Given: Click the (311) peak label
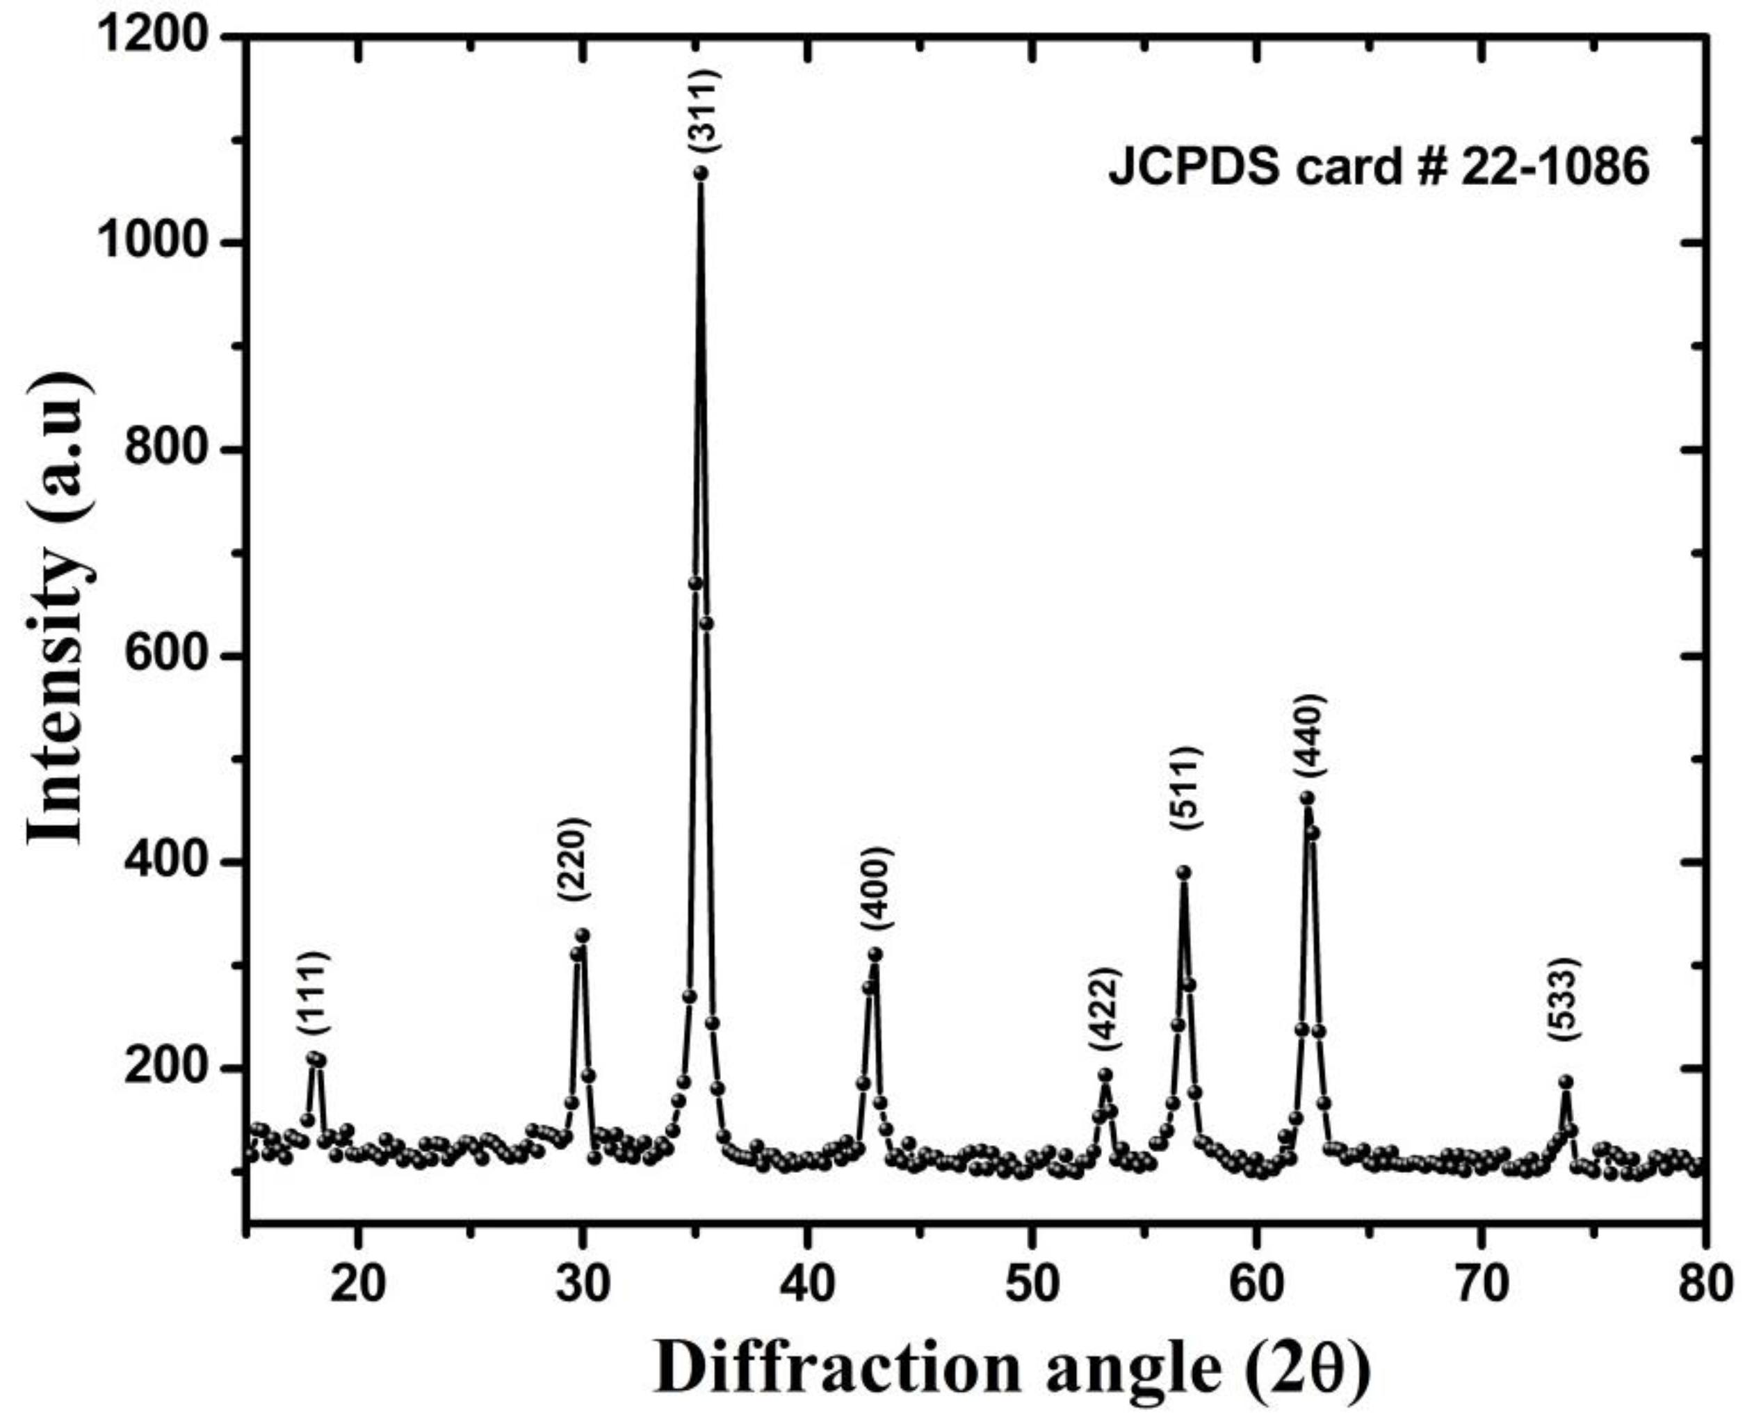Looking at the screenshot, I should [x=704, y=110].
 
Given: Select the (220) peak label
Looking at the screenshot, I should [x=574, y=859].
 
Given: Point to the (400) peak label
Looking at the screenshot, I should [x=876, y=889].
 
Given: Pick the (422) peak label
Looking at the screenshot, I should [x=1105, y=1010].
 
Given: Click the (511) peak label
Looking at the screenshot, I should [x=1187, y=788].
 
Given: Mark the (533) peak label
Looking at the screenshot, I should [x=1564, y=1000].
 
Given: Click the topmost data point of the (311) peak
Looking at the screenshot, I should [x=701, y=172].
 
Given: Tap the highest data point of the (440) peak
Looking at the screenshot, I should [x=1307, y=797].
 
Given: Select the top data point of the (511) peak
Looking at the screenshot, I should [x=1183, y=873].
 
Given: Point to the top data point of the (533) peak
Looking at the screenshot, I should [x=1566, y=1082].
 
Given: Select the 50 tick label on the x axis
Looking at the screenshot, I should [x=1032, y=1283].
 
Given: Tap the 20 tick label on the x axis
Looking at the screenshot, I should [x=357, y=1283].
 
